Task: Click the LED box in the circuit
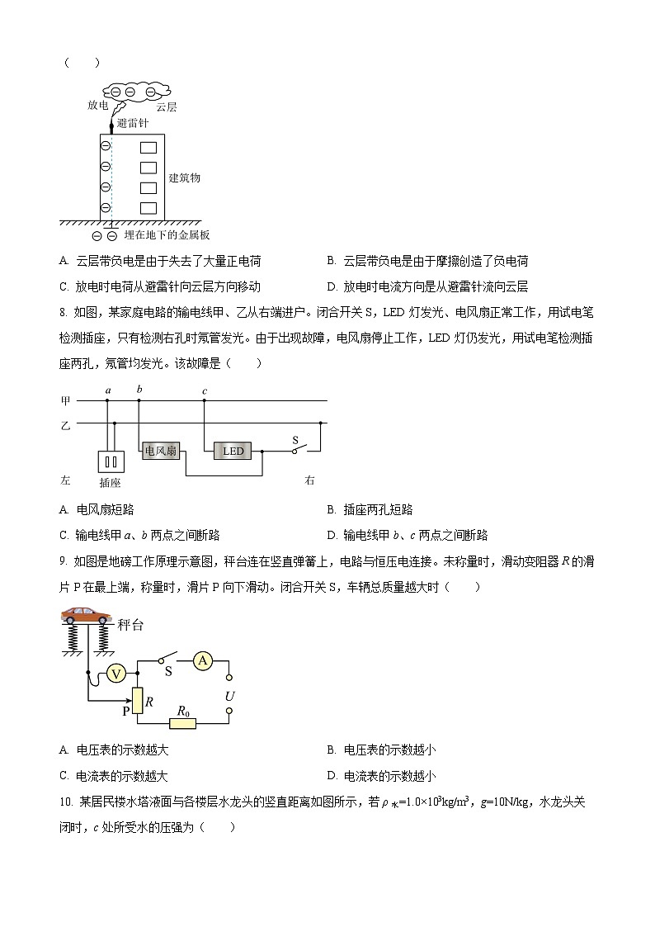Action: coord(233,451)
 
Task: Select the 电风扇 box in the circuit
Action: coord(160,451)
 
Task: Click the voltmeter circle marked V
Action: coord(117,674)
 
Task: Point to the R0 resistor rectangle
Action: coord(182,723)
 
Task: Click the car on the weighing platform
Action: coord(86,616)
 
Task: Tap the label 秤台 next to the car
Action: coord(130,626)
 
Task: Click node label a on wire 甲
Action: coord(107,390)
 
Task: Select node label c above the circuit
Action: coord(204,390)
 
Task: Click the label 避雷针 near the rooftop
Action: coord(132,123)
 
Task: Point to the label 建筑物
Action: coord(184,177)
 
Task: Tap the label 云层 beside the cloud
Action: coord(167,106)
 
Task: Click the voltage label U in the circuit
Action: coord(229,696)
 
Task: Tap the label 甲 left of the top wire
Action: coord(65,401)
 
